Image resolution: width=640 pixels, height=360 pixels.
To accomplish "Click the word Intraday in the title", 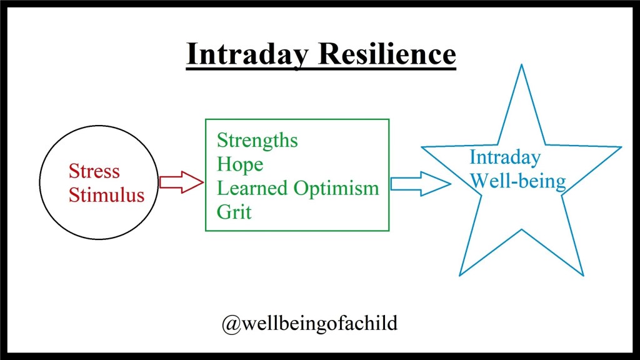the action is coord(247,54).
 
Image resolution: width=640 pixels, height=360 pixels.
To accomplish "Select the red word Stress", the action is coord(94,171).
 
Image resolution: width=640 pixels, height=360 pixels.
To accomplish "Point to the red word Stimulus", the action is coord(106,195).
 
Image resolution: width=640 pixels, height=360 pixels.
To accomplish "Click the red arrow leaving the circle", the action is coord(181,182).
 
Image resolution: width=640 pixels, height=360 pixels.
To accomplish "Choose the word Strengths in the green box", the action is coord(257,141).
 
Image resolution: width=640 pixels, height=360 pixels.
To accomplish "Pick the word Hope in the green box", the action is coord(240,165).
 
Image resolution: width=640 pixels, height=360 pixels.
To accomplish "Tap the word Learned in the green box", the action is coord(252,187).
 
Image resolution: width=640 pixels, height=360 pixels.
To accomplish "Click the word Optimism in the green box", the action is coord(336,189).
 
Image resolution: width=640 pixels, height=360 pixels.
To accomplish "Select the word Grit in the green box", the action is coord(234,212).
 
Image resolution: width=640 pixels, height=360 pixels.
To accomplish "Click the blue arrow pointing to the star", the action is coord(421,184).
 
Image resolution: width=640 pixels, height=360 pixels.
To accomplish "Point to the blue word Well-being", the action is coord(518,181).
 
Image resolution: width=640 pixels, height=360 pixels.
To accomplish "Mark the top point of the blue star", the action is coord(521,64).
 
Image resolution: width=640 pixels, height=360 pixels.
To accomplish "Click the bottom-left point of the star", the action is coord(460,276).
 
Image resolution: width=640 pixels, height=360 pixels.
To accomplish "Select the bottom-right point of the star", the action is coord(583,276).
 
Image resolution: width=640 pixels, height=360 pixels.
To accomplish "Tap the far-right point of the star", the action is coord(621,147).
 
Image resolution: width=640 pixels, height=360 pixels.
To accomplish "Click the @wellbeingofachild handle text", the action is coord(309,324).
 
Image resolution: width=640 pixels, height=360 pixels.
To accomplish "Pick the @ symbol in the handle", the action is coord(231,325).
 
